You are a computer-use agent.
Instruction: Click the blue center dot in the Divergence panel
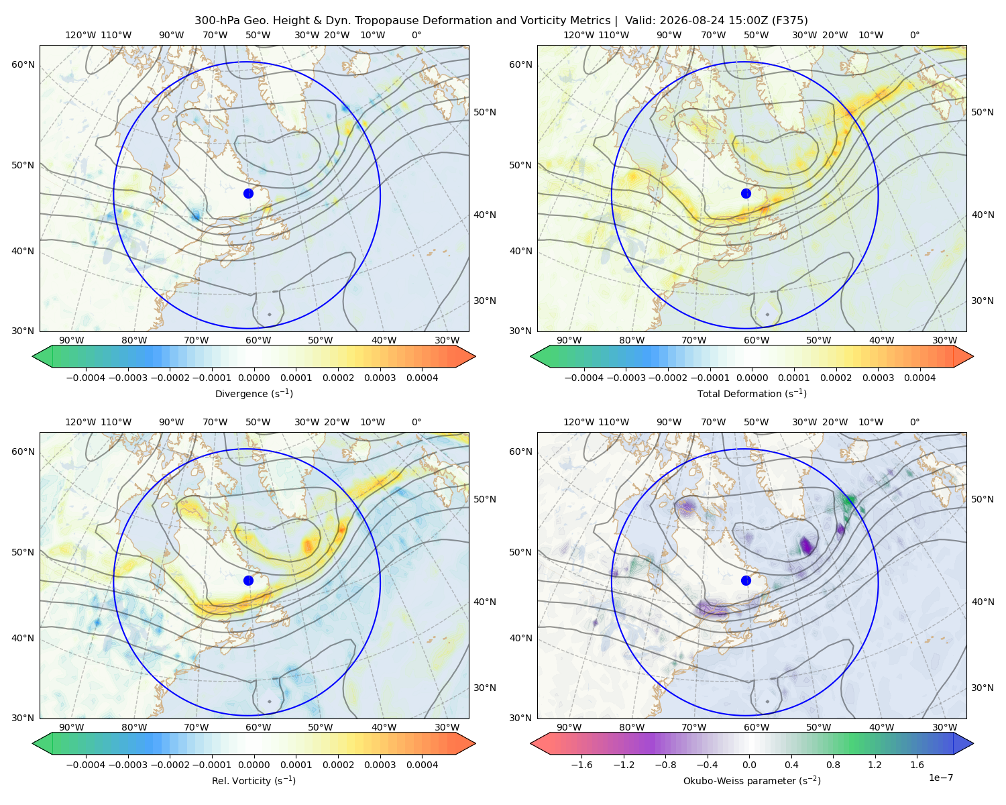pyautogui.click(x=248, y=193)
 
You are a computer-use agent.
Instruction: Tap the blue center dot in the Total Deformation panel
pyautogui.click(x=746, y=193)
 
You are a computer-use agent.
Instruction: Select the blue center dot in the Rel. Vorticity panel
pyautogui.click(x=248, y=580)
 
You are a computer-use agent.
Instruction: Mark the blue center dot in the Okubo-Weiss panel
pyautogui.click(x=746, y=580)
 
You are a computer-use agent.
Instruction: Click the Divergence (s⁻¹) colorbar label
pyautogui.click(x=254, y=393)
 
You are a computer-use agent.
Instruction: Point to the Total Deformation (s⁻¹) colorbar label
pyautogui.click(x=752, y=393)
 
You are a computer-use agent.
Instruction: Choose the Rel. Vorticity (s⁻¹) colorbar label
pyautogui.click(x=254, y=780)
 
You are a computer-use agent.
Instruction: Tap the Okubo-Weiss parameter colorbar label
pyautogui.click(x=752, y=780)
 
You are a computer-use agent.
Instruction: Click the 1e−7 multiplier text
pyautogui.click(x=940, y=777)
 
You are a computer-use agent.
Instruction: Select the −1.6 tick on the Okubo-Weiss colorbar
pyautogui.click(x=581, y=764)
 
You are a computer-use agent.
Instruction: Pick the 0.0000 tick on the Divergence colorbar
pyautogui.click(x=254, y=378)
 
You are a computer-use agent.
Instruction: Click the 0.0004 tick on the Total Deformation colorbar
pyautogui.click(x=919, y=378)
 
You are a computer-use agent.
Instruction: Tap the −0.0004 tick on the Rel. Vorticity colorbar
pyautogui.click(x=86, y=764)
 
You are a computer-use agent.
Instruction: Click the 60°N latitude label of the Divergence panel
pyautogui.click(x=23, y=64)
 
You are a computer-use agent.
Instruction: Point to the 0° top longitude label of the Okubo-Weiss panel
pyautogui.click(x=914, y=421)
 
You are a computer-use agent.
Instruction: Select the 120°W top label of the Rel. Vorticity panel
pyautogui.click(x=80, y=421)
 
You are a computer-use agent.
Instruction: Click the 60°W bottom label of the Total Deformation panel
pyautogui.click(x=756, y=340)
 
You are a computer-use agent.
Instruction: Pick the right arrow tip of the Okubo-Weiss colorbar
pyautogui.click(x=973, y=743)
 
